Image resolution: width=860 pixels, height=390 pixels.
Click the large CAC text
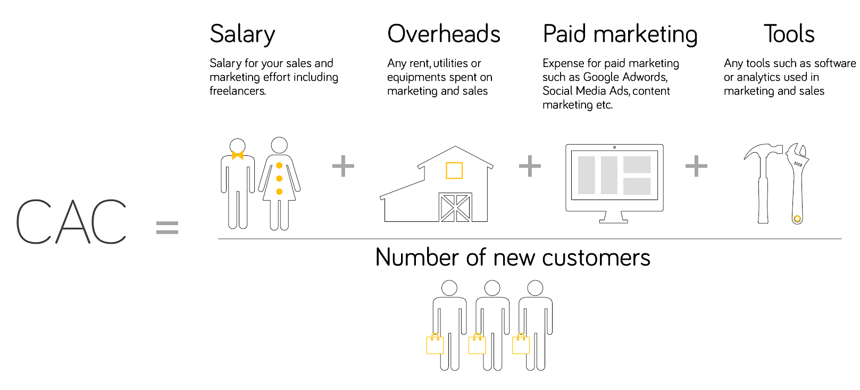point(71,222)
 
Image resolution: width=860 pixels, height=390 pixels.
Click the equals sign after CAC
point(167,228)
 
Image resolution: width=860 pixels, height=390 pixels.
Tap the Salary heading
point(243,35)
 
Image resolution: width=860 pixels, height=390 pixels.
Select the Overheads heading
point(444,34)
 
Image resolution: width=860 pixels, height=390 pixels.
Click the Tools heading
point(789,34)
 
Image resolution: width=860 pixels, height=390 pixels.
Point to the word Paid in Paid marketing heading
point(564,34)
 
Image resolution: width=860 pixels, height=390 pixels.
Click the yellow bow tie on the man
point(237,155)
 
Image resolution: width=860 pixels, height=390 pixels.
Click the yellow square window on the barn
point(454,170)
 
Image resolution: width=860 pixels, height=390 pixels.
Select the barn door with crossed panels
point(455,208)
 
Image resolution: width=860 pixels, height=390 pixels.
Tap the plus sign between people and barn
point(343,166)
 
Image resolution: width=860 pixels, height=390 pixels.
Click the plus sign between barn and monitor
point(530,166)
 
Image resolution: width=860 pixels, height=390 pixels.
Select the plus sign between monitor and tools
point(696,166)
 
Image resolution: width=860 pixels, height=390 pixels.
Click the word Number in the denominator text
point(417,258)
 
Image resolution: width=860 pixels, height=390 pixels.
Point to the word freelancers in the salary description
point(237,91)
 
